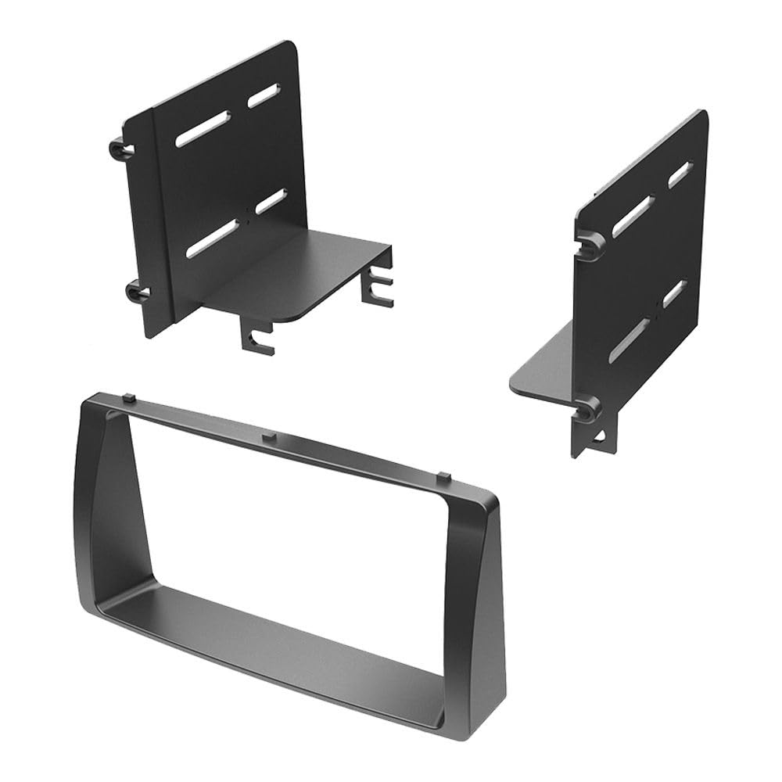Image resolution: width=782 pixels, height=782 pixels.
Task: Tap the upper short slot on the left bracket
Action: tap(263, 96)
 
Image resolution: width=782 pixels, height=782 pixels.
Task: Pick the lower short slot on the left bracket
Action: tap(270, 202)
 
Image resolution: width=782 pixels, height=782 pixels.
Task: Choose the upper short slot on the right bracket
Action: tap(678, 174)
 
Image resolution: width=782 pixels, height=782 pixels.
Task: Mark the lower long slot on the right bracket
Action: tap(630, 340)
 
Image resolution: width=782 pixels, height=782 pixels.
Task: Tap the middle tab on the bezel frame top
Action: tap(267, 435)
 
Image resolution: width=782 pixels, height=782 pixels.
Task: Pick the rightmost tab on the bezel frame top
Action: tap(442, 475)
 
